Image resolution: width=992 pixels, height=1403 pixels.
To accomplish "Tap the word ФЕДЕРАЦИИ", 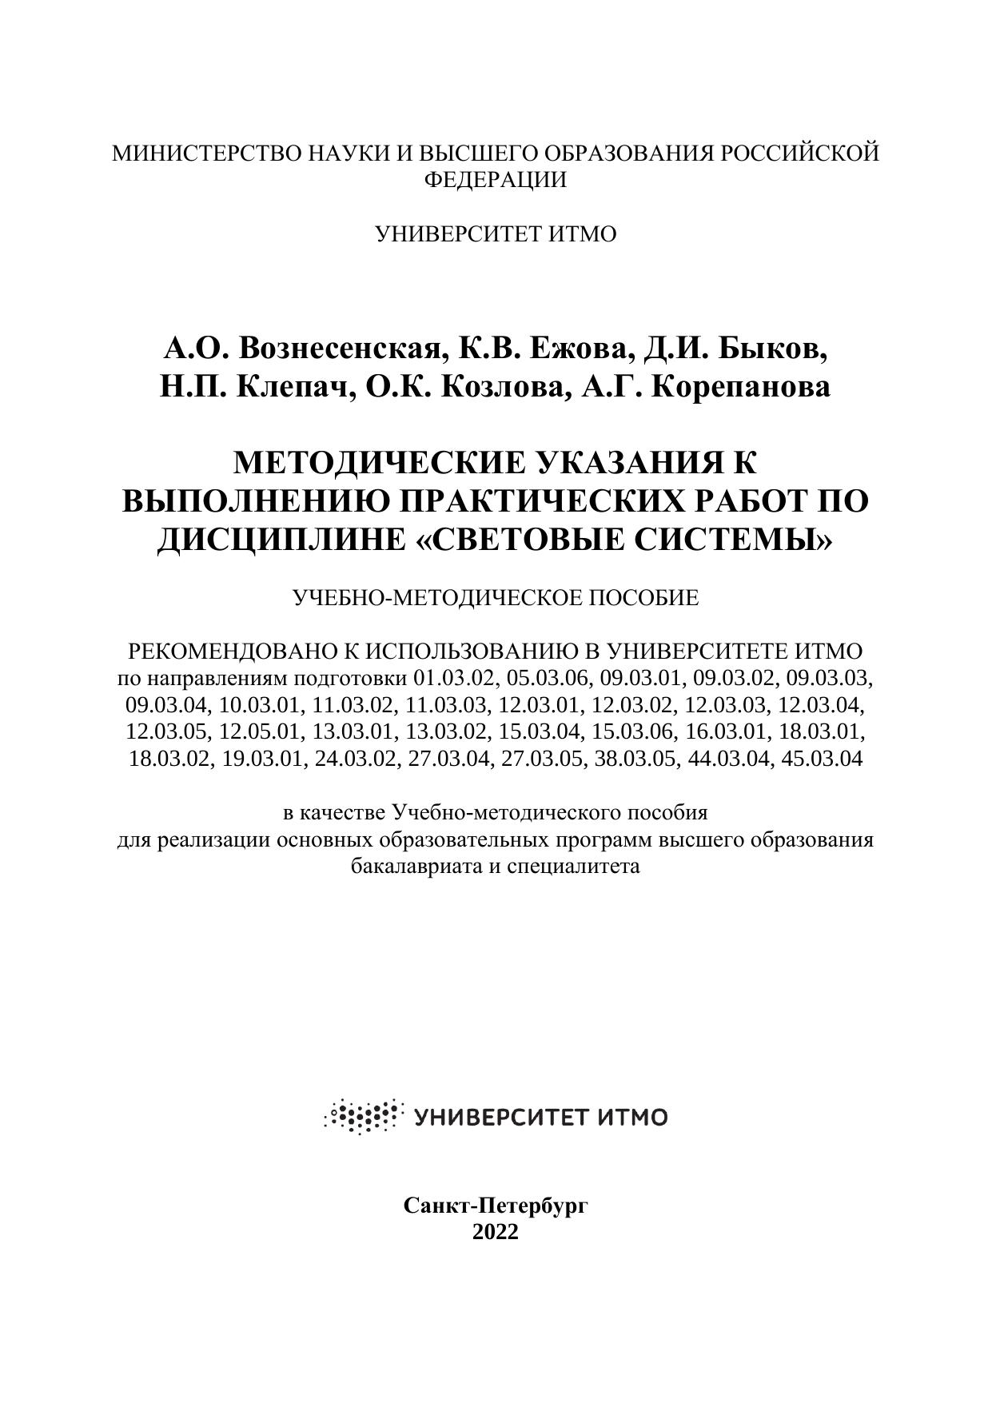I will click(x=495, y=180).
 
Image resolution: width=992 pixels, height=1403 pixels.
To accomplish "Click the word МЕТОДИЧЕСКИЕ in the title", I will click(x=380, y=463).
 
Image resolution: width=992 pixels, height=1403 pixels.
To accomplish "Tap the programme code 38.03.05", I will click(x=635, y=759).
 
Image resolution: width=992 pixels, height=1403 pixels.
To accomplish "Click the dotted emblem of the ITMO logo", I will click(x=361, y=1115).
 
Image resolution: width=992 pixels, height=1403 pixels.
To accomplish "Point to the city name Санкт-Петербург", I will click(x=496, y=1205).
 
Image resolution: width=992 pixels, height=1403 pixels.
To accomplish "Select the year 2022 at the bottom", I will click(x=496, y=1231).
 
